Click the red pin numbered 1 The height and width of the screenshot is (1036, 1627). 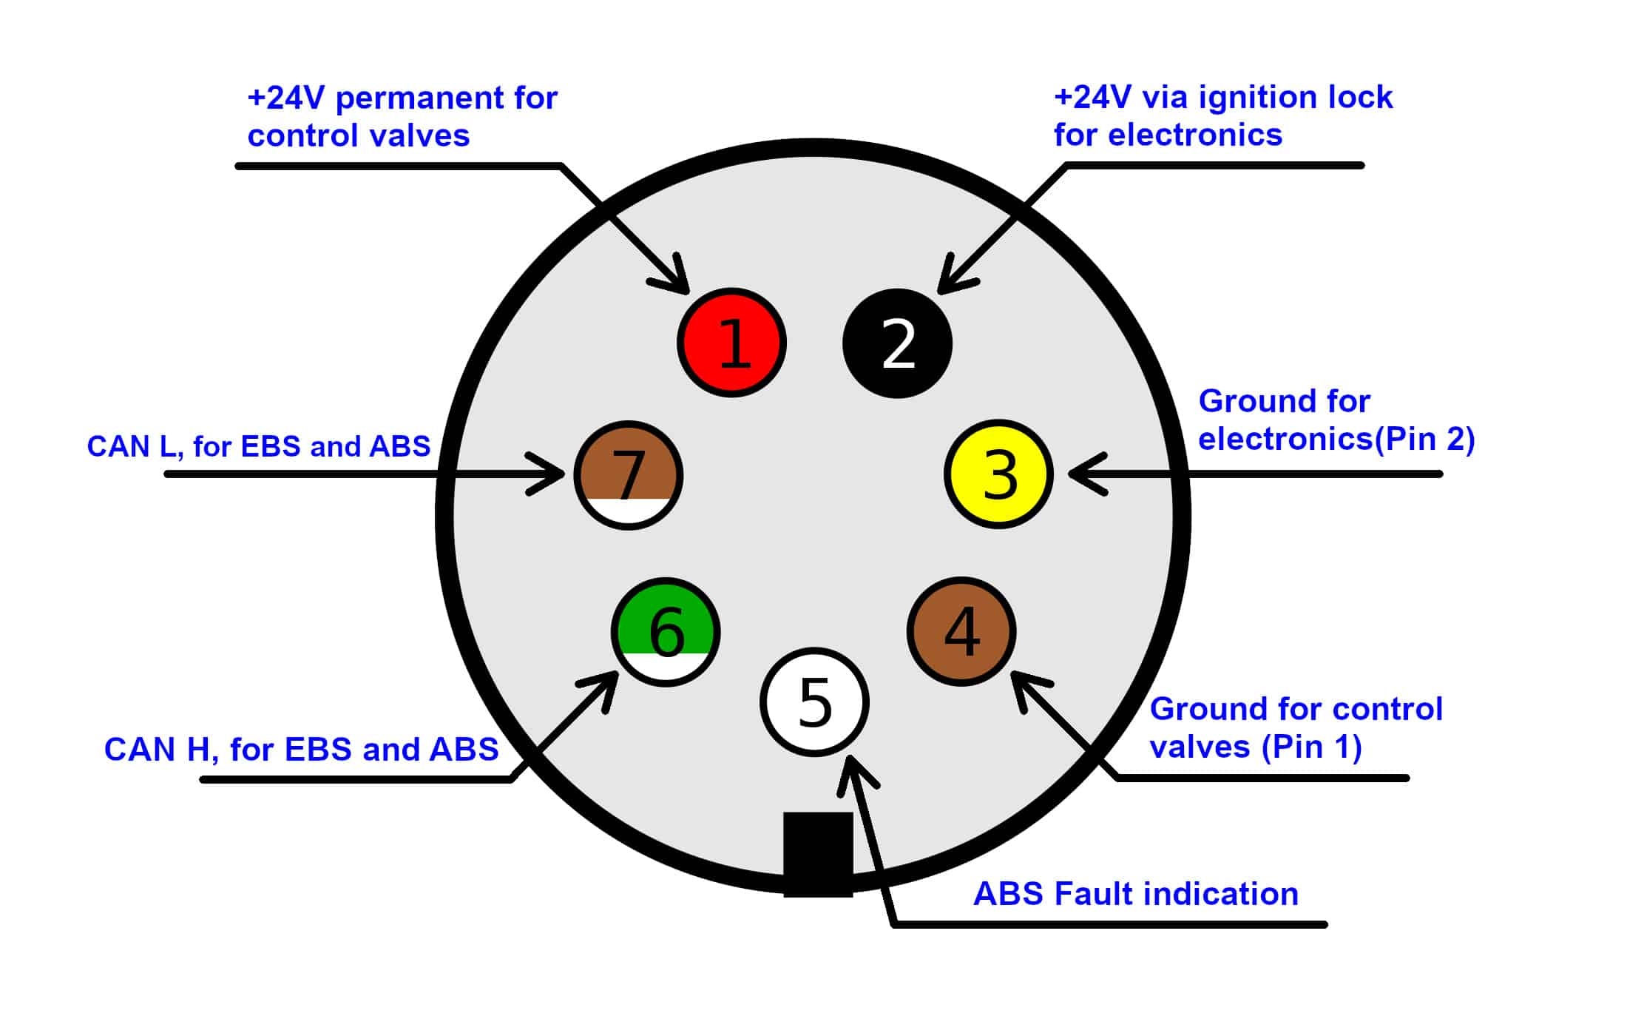731,343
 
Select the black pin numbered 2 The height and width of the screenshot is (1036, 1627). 897,343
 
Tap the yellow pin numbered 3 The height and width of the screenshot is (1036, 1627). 998,474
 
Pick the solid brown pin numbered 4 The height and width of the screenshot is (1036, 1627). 961,631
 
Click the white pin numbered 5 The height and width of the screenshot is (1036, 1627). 814,702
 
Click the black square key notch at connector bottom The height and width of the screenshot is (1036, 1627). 818,854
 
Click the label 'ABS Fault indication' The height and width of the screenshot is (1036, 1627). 1135,894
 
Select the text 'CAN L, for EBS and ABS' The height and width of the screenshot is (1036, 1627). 258,446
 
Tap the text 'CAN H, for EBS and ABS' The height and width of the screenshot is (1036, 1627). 301,750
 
